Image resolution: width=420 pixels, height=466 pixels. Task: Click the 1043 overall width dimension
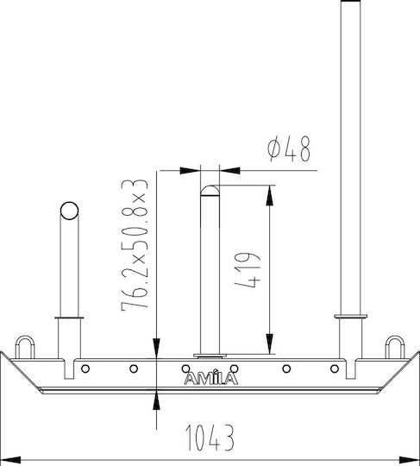click(x=210, y=437)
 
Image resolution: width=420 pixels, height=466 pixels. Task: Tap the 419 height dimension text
click(x=248, y=270)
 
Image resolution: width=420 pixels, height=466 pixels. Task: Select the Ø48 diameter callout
click(x=289, y=149)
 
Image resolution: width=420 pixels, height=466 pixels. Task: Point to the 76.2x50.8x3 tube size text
click(x=135, y=245)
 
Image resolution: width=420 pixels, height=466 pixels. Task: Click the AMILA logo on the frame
click(x=211, y=378)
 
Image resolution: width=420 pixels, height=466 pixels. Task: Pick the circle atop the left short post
click(x=69, y=211)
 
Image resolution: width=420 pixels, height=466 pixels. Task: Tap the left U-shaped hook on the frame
click(x=25, y=347)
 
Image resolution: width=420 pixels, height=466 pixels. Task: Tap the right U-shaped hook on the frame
click(x=395, y=347)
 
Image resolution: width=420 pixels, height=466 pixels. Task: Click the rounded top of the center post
click(x=210, y=190)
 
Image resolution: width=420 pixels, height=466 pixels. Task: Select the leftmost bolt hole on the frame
click(x=85, y=368)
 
